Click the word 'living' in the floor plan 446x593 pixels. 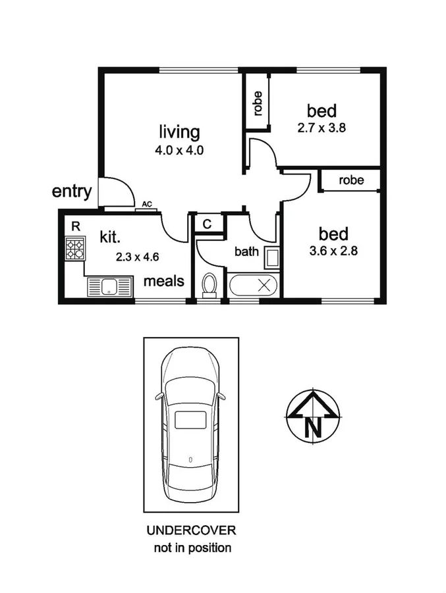tap(179, 132)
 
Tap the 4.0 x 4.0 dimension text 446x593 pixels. tap(179, 150)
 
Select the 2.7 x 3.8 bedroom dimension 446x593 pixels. tap(321, 128)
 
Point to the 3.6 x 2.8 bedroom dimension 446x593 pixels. tap(333, 251)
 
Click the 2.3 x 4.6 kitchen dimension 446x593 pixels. tap(137, 257)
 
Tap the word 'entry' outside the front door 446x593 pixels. tap(71, 192)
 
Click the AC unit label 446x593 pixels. tap(147, 205)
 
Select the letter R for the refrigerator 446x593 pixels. tap(76, 226)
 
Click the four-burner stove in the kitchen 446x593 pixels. tap(75, 249)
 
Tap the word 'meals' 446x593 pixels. tap(164, 281)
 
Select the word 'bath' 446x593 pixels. tap(246, 251)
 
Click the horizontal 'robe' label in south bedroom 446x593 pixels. tap(351, 180)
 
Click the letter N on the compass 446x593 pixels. tap(314, 428)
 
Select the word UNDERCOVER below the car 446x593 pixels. tap(191, 530)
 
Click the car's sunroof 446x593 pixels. tap(190, 419)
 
